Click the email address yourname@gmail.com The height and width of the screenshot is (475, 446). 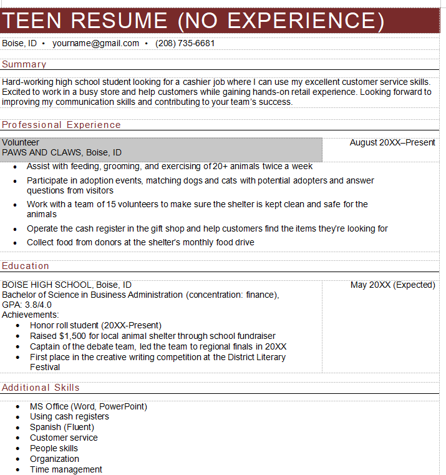95,44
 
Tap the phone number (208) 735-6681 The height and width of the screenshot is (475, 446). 185,44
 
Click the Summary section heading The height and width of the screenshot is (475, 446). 24,64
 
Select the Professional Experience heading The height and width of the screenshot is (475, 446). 61,125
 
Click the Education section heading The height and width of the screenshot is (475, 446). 26,266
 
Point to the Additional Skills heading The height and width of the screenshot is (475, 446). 41,388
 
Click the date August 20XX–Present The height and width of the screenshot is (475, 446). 392,142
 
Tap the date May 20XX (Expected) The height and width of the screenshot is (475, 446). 393,285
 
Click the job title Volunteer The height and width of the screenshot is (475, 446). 21,142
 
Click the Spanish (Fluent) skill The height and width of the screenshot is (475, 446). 62,427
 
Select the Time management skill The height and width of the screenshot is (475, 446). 66,469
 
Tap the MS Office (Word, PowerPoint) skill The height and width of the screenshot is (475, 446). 89,406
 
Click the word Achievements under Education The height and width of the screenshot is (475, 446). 30,315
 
